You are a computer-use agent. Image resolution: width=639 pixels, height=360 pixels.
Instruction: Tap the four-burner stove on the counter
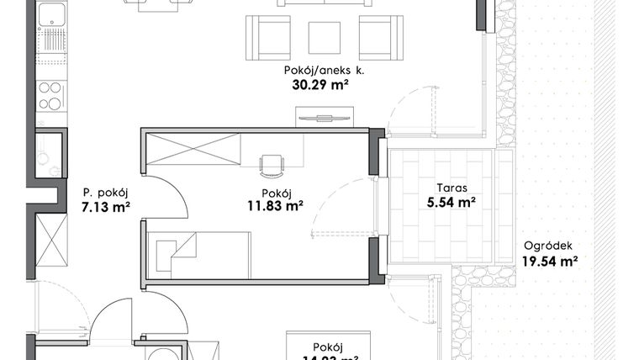[x=50, y=95]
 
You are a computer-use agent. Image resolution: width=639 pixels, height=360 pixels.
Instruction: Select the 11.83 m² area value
[x=275, y=204]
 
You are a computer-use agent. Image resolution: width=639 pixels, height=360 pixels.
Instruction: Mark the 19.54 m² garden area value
[x=550, y=262]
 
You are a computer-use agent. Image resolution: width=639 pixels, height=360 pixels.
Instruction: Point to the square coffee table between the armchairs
[x=325, y=37]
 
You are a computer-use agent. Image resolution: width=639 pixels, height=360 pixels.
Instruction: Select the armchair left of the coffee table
[x=273, y=37]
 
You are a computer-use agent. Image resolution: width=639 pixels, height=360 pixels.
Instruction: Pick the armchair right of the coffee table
[x=375, y=37]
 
